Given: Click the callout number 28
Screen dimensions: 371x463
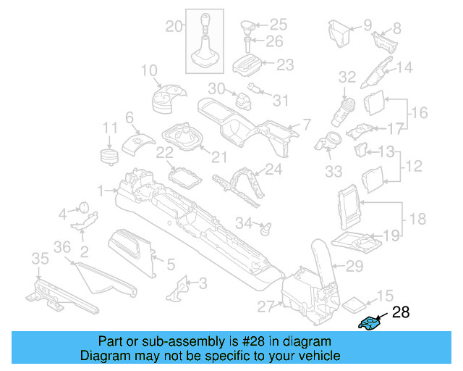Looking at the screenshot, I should [x=400, y=313].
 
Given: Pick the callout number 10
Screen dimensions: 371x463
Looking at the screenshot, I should [x=149, y=70].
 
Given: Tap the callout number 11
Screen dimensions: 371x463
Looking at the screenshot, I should [x=109, y=128].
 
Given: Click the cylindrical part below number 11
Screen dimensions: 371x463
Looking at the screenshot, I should [x=109, y=157].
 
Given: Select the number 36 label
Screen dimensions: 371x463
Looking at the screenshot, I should [x=63, y=248].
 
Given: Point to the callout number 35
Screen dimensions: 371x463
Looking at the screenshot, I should [x=39, y=259].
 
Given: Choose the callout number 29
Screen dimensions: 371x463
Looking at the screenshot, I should [x=354, y=267].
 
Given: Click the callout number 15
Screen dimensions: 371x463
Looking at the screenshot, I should [x=385, y=296].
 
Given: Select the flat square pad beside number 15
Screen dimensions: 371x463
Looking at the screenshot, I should [x=352, y=303].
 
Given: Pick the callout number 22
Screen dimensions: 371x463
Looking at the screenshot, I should [x=165, y=153].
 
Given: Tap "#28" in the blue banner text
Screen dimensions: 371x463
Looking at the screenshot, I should [x=252, y=341].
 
